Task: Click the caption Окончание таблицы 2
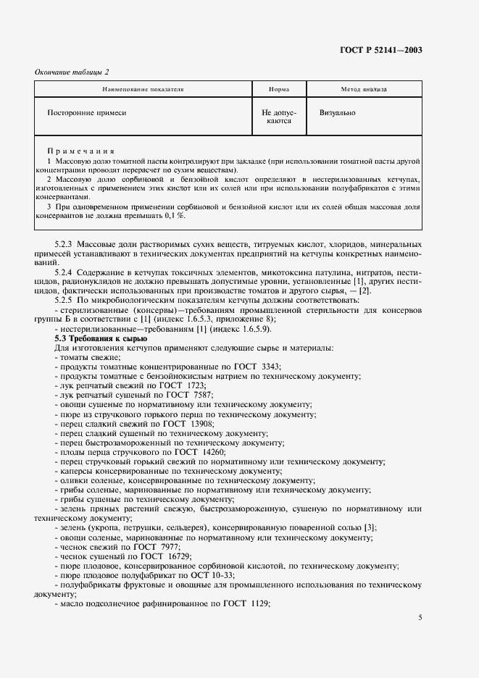coord(72,71)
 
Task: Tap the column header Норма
coord(278,90)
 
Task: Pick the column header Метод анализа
coord(364,90)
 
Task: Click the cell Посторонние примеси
coord(86,114)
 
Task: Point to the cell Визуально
coord(337,114)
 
